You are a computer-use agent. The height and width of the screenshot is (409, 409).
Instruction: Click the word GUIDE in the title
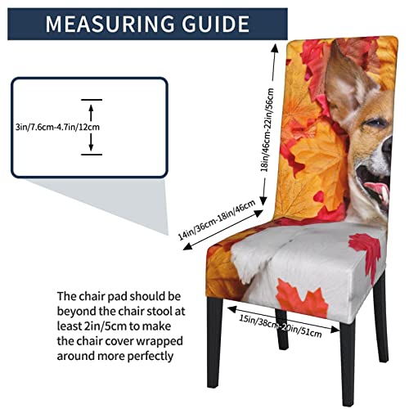(x=214, y=24)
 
